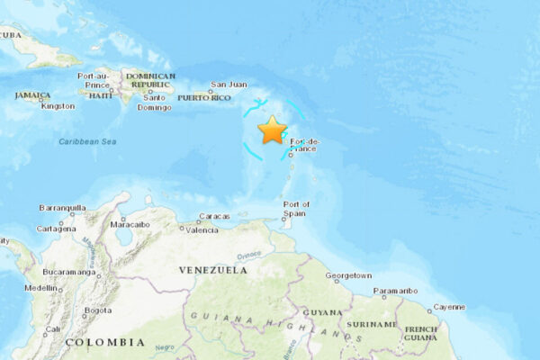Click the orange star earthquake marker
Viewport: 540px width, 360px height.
click(x=272, y=130)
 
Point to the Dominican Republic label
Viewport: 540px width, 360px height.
click(x=150, y=81)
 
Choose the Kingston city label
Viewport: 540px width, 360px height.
click(x=58, y=105)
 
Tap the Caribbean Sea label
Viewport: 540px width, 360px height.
click(x=88, y=141)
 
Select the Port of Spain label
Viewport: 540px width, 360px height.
click(x=297, y=209)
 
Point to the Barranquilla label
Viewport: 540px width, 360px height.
click(x=63, y=208)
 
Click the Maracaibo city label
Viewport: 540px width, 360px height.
click(x=130, y=223)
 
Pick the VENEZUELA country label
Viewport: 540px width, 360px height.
click(x=212, y=269)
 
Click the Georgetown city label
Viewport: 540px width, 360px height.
click(x=348, y=275)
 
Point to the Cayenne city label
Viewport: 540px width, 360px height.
click(x=449, y=307)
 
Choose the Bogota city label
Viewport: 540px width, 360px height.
click(x=97, y=310)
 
